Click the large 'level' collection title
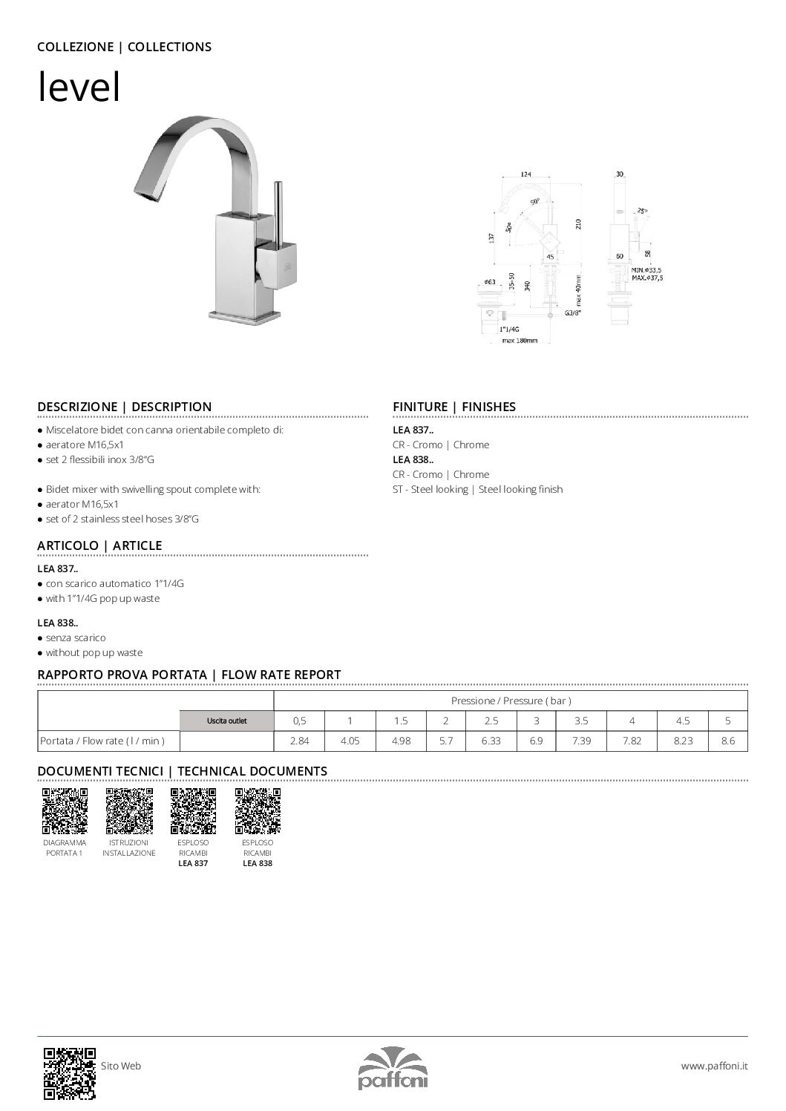pyautogui.click(x=79, y=88)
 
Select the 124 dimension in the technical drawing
pyautogui.click(x=525, y=174)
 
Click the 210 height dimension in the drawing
pyautogui.click(x=577, y=223)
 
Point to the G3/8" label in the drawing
pyautogui.click(x=572, y=312)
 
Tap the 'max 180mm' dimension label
pyautogui.click(x=519, y=341)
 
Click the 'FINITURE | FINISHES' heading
pyautogui.click(x=453, y=407)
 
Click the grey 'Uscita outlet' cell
pyautogui.click(x=226, y=721)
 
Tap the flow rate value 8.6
pyautogui.click(x=727, y=741)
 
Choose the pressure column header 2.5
pyautogui.click(x=491, y=721)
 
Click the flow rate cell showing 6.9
pyautogui.click(x=536, y=741)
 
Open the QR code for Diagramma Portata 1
pyautogui.click(x=65, y=811)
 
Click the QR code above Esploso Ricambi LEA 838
pyautogui.click(x=258, y=811)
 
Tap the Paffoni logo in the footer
pyautogui.click(x=393, y=1069)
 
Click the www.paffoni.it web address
pyautogui.click(x=714, y=1066)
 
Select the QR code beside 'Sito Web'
pyautogui.click(x=70, y=1072)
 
